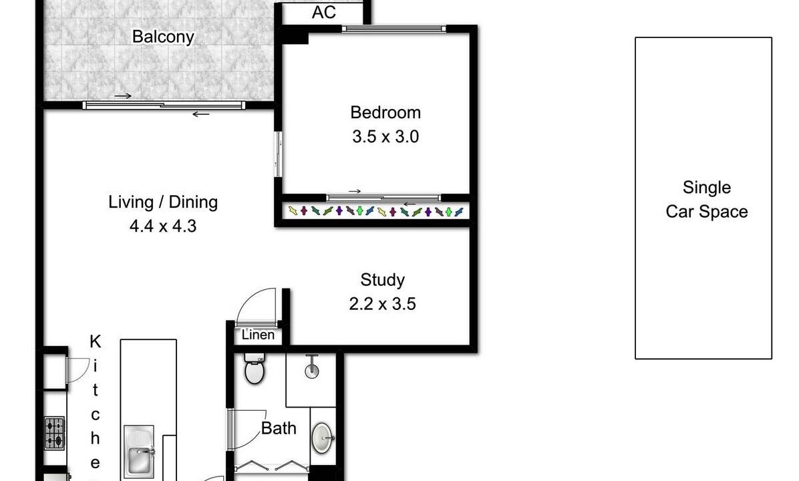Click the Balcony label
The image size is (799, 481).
point(163,37)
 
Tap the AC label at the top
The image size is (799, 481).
point(323,12)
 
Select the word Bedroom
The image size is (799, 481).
point(385,112)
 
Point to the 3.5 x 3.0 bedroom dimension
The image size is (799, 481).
point(385,136)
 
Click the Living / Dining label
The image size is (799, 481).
point(163,202)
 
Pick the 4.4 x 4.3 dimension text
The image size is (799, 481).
point(163,226)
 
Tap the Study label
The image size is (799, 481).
point(382,280)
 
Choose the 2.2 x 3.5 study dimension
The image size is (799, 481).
point(382,304)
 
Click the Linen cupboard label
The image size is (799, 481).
point(258,335)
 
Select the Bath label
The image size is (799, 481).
point(279,428)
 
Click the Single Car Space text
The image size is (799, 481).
point(707,199)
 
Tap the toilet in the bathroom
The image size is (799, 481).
point(255,369)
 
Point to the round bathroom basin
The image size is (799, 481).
point(322,437)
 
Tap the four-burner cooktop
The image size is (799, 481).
point(55,433)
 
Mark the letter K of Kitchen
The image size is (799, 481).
point(96,341)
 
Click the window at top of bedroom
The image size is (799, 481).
point(393,29)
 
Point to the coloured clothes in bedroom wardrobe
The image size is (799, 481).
point(376,211)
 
